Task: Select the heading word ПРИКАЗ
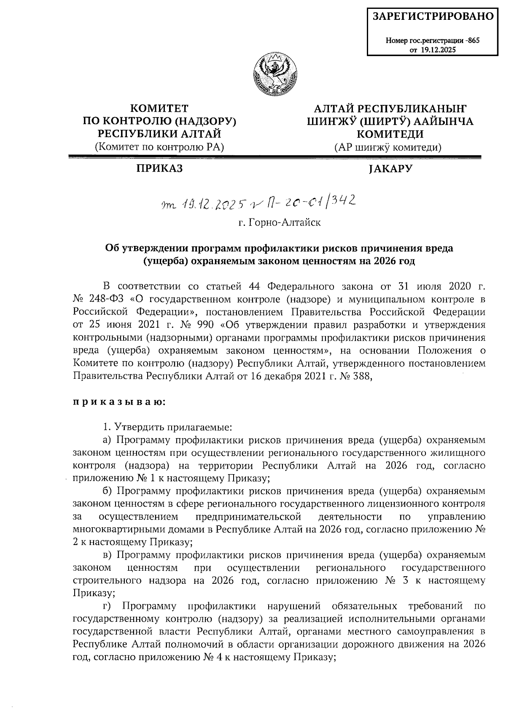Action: tap(159, 169)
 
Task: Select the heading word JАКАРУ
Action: tap(390, 169)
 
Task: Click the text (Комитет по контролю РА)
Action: tap(159, 147)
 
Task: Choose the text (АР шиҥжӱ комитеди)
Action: tap(388, 147)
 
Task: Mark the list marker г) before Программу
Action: tap(108, 606)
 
